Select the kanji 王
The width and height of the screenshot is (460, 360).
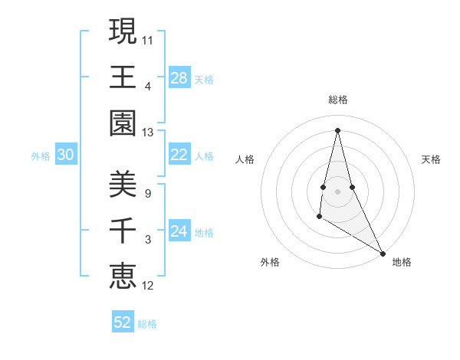tap(123, 77)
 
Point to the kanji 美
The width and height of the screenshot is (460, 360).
tap(123, 184)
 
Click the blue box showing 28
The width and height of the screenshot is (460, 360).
tap(179, 78)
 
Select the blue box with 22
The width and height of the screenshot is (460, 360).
tap(179, 155)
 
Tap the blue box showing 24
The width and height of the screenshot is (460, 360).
tap(179, 232)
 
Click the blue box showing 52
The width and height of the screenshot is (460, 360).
tap(123, 322)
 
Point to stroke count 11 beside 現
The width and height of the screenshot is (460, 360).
tap(148, 38)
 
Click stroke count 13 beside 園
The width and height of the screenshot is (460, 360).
tap(148, 133)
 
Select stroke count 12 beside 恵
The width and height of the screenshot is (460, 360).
tap(148, 286)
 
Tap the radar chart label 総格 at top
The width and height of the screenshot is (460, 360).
tap(337, 100)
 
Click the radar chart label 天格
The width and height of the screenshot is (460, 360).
tap(431, 159)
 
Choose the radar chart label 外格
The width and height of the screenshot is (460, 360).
tap(270, 262)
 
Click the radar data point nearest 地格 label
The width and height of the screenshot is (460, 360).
tap(383, 253)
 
